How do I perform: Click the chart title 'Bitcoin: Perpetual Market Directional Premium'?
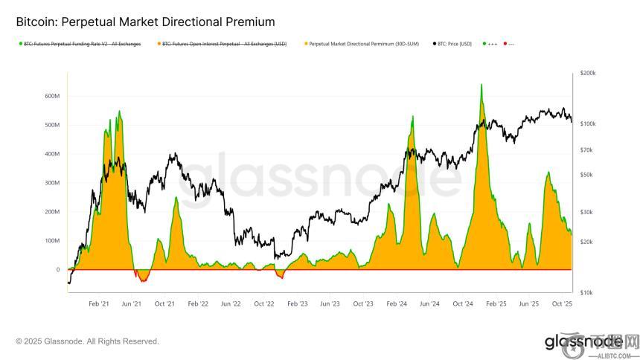click(x=145, y=22)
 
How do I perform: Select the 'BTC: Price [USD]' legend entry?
click(x=455, y=44)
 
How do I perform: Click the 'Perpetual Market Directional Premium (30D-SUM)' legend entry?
click(x=363, y=44)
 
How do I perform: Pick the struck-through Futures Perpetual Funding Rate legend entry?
click(x=82, y=44)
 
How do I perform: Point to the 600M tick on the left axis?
click(x=52, y=96)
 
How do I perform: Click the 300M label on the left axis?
click(x=52, y=183)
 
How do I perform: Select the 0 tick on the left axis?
click(x=57, y=270)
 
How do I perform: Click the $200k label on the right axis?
click(x=587, y=74)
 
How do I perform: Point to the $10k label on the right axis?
click(x=586, y=292)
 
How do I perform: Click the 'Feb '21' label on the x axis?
click(x=99, y=304)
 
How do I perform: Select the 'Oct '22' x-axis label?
click(x=264, y=304)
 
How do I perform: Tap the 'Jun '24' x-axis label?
click(x=429, y=304)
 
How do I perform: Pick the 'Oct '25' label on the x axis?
click(x=562, y=304)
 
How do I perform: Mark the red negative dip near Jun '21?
click(x=142, y=278)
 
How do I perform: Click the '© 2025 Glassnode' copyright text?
click(x=87, y=341)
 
